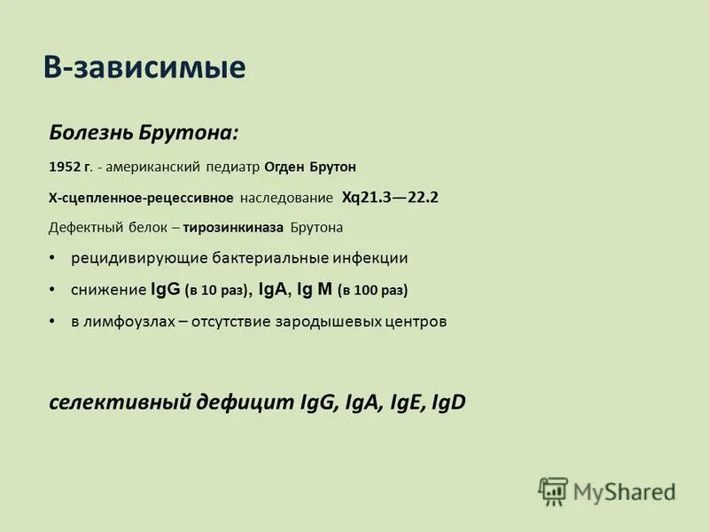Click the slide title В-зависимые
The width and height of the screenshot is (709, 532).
144,68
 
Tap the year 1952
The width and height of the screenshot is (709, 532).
66,167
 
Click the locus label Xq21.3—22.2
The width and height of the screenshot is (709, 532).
390,198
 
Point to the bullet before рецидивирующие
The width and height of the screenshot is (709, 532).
52,258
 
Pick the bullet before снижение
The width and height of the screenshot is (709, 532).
52,289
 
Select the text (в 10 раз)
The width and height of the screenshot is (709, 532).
217,290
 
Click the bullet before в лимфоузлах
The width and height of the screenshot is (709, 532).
52,320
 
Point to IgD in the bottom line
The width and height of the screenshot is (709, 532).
448,403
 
